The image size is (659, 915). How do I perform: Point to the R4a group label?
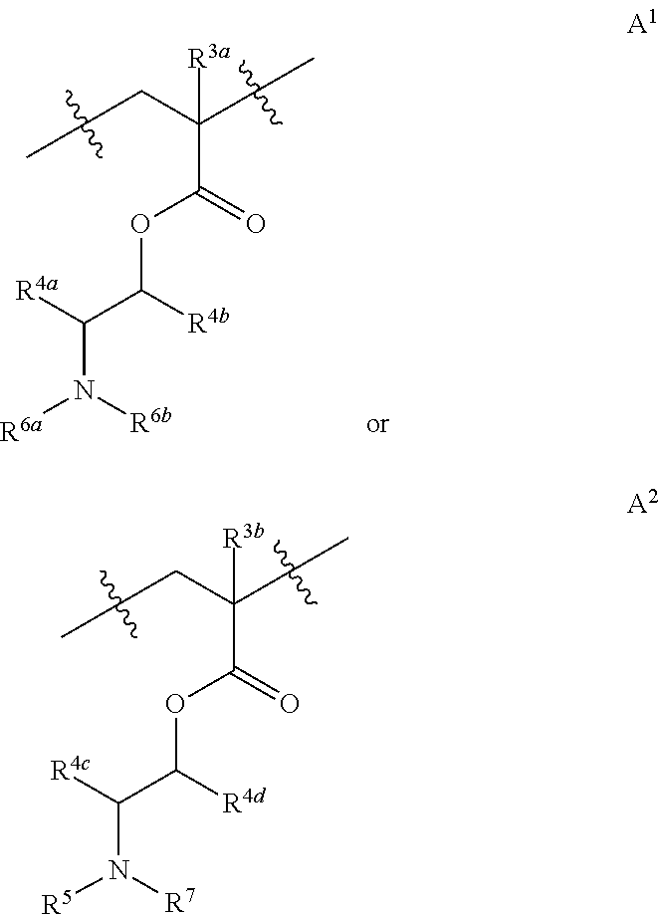point(37,293)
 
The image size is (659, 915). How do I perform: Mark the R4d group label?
point(242,802)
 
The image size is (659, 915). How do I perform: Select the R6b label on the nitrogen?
point(151,422)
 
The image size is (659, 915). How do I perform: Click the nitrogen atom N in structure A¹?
point(85,392)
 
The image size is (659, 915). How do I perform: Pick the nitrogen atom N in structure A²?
point(119,871)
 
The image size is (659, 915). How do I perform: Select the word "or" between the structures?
point(377,426)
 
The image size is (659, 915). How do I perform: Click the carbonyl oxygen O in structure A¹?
point(256,224)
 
